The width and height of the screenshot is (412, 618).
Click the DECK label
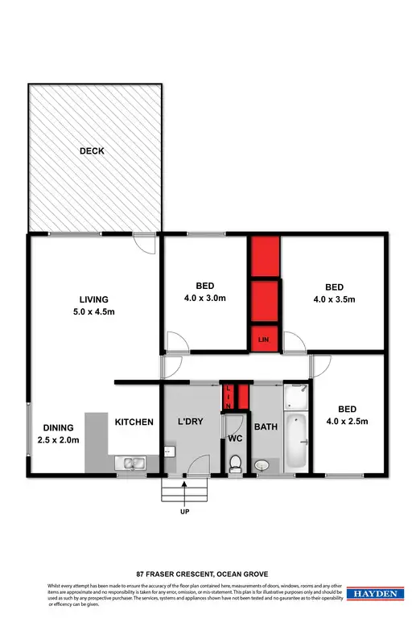[x=92, y=150]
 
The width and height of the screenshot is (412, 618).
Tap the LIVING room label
[x=89, y=299]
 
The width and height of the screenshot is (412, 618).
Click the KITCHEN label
[x=134, y=422]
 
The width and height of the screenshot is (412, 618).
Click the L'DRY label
[x=192, y=422]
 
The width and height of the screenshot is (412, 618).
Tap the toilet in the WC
[x=235, y=463]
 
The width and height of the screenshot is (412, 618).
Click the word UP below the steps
[x=184, y=510]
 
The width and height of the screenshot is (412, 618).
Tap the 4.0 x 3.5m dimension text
[x=334, y=299]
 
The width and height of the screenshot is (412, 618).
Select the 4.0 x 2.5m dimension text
[x=346, y=421]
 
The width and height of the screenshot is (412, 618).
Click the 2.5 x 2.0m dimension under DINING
[x=59, y=439]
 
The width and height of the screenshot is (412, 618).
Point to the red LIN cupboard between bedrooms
[x=263, y=340]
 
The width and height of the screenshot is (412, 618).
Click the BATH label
[x=266, y=427]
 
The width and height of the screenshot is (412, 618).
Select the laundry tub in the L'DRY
[x=169, y=453]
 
